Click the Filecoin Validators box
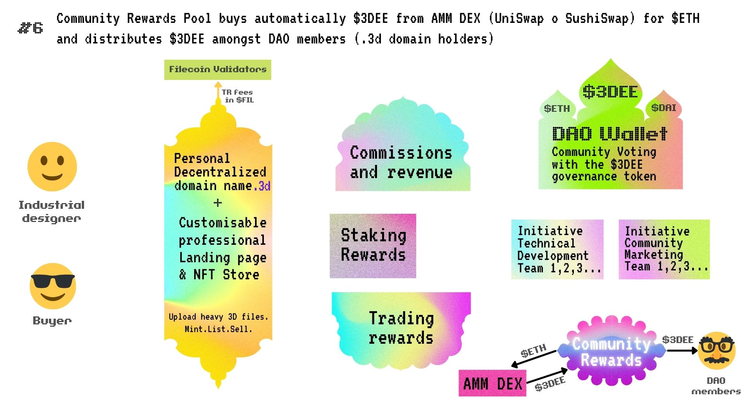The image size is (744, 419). coord(217,69)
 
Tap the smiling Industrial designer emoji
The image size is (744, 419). coord(52,166)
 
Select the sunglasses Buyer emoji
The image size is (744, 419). coord(53,286)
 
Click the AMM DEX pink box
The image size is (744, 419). coord(492,383)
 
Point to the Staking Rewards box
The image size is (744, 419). coord(373,246)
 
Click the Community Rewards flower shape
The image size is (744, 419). coord(611,351)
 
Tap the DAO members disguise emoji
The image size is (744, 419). coord(716,351)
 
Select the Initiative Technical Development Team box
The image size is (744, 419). coord(557,249)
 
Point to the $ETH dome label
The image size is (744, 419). coord(557,109)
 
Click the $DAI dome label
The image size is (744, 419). coord(663,107)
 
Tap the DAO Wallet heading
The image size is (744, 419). coord(610,134)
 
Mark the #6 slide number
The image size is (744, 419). coord(31,28)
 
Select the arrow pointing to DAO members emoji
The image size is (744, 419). coord(682,351)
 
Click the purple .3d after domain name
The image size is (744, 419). coord(262,186)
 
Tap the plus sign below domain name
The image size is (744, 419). coord(218,203)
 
